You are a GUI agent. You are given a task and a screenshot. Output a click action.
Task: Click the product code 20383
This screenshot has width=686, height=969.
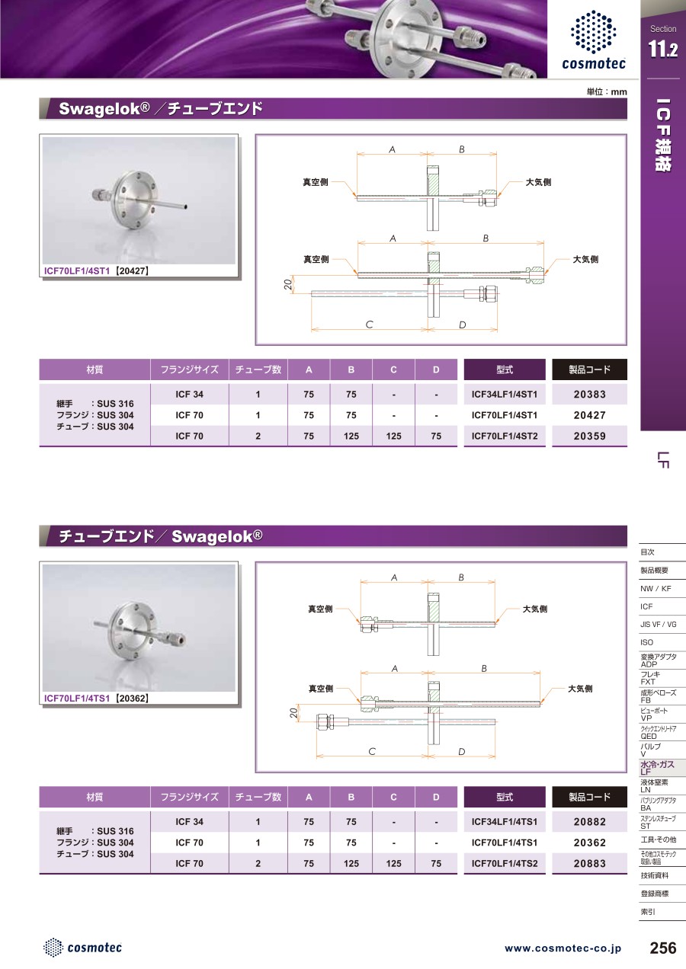pos(589,394)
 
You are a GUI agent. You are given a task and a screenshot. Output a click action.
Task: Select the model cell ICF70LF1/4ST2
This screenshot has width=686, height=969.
pos(505,436)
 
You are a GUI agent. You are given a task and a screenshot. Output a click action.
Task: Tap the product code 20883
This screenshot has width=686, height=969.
pos(589,863)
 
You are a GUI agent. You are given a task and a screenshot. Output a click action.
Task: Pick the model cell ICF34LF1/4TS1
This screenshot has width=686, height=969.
pos(505,821)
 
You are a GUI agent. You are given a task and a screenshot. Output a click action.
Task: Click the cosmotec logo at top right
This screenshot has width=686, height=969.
pos(593,40)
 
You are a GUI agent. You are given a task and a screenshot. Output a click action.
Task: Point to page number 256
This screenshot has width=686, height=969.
pos(662,948)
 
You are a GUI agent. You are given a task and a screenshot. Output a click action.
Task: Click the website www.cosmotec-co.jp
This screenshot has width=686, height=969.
pos(563,948)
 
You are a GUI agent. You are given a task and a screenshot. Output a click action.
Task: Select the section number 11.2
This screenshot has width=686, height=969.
pos(662,49)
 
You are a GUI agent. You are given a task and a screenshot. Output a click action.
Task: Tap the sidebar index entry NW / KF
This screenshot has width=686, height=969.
pos(656,588)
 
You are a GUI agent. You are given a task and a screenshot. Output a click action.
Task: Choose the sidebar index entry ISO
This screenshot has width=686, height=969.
pos(647,642)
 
